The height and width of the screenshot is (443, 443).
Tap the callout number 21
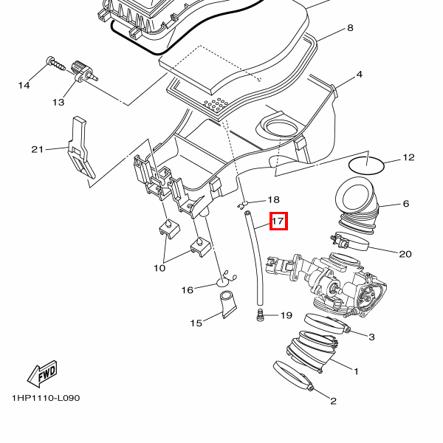pos(38,149)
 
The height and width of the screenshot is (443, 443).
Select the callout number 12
pos(408,158)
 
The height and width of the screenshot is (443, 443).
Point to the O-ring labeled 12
pos(365,165)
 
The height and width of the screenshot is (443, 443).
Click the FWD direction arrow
pos(43,374)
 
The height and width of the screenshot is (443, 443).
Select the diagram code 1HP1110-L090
pos(45,398)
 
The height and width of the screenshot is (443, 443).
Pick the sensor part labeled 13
pos(83,73)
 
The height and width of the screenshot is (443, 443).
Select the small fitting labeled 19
pos(260,316)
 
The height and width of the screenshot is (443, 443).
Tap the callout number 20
pos(405,254)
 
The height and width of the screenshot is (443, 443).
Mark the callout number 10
pos(159,268)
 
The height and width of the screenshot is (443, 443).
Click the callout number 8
pos(350,28)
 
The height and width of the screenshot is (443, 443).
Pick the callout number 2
pos(333,401)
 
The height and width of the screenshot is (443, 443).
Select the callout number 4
pos(359,75)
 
